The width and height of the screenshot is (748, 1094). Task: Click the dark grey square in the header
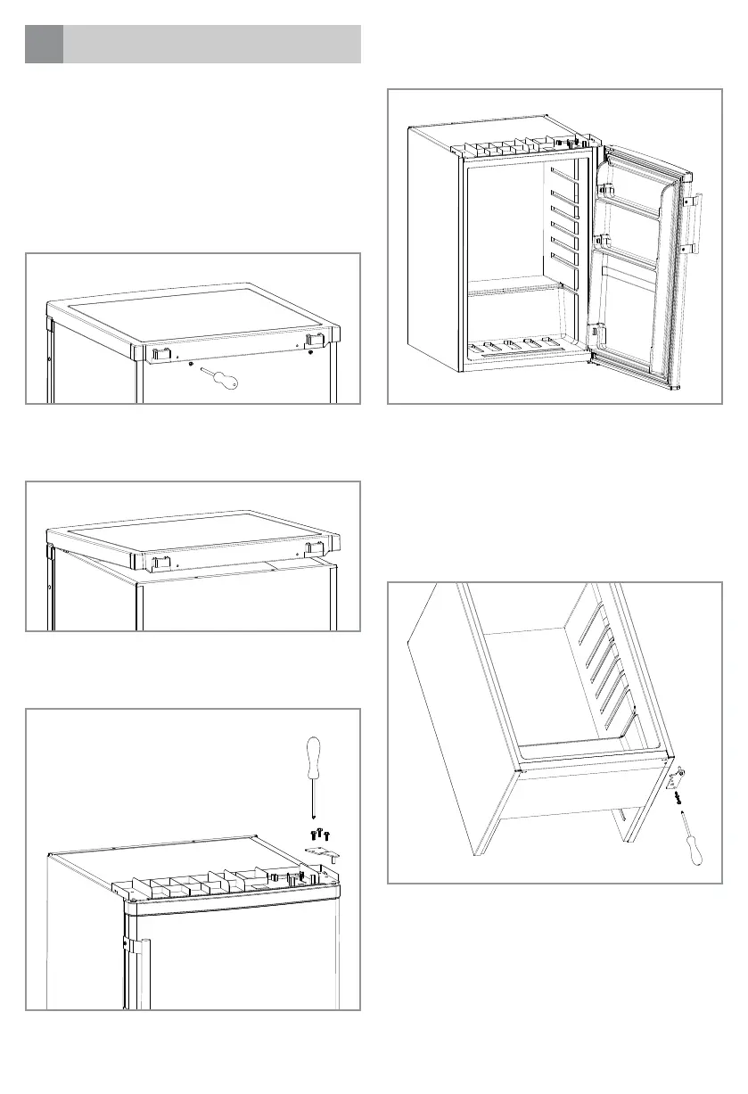point(44,45)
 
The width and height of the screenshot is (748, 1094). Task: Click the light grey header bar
point(212,45)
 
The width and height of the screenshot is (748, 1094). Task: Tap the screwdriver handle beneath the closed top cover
point(227,382)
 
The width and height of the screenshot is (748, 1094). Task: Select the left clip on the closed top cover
point(160,354)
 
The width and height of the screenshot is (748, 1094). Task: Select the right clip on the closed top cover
point(314,341)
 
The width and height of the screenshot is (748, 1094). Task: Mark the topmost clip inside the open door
point(604,189)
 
